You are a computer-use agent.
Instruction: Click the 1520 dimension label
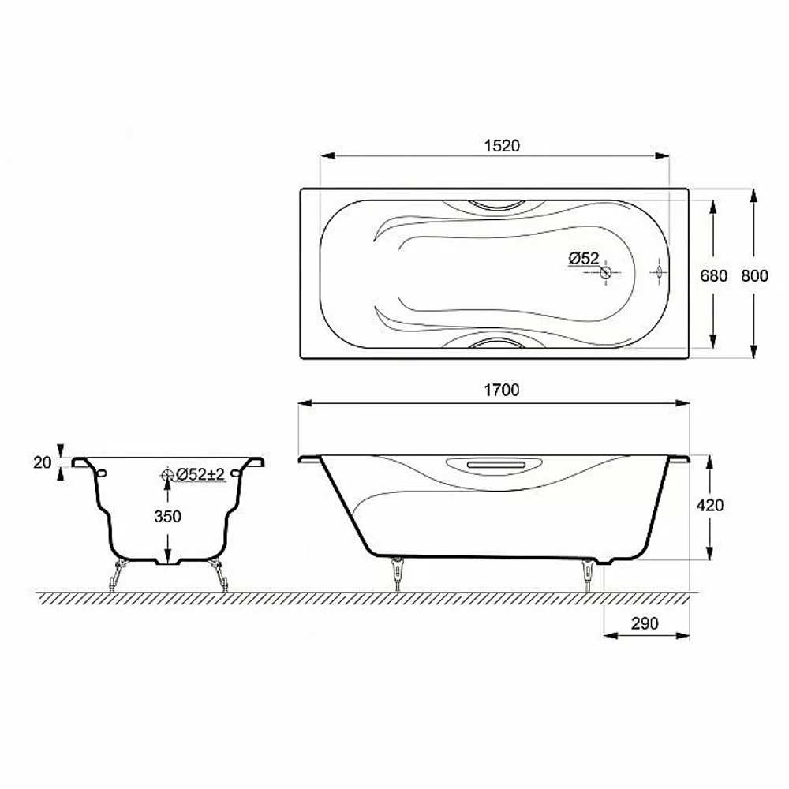coord(502,146)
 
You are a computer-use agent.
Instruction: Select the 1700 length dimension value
coord(502,390)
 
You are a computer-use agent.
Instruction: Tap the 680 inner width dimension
coord(714,275)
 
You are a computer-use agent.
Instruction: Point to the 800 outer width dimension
coord(755,275)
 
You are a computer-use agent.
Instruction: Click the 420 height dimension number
coord(710,505)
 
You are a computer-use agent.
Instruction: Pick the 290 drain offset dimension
coord(645,623)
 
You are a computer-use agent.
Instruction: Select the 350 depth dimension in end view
coord(167,516)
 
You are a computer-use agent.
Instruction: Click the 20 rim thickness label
coord(43,462)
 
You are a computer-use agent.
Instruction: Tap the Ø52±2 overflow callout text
coord(200,474)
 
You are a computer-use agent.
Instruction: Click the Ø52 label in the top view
coord(584,259)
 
